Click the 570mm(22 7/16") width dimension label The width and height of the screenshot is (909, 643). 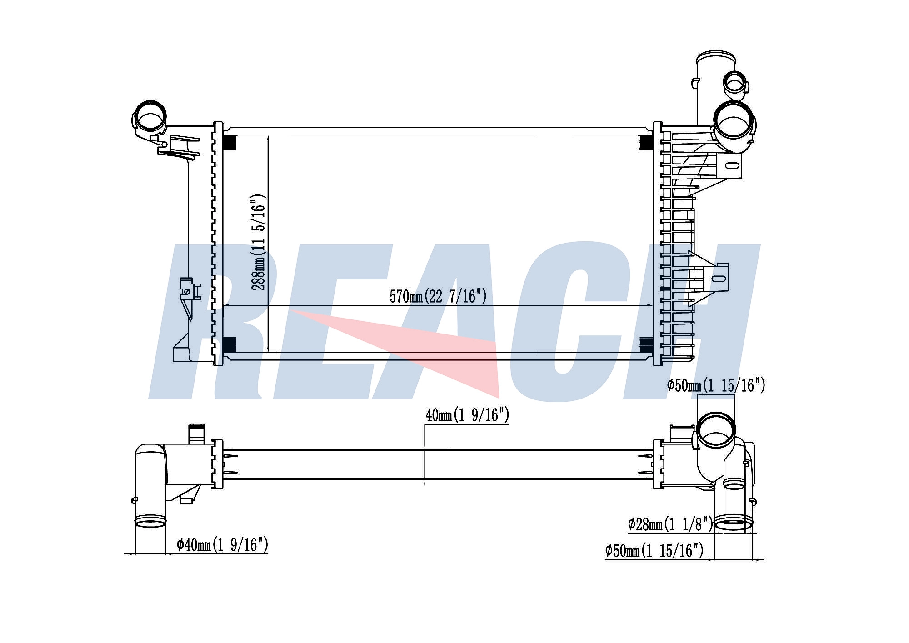(x=438, y=296)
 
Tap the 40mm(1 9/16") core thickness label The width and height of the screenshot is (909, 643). (x=467, y=415)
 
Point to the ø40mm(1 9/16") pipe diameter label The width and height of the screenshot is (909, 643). (x=222, y=544)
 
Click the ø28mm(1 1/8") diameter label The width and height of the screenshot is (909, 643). (x=671, y=524)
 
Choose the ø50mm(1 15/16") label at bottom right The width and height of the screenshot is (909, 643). (x=654, y=551)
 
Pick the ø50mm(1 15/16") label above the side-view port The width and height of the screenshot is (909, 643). (x=716, y=385)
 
